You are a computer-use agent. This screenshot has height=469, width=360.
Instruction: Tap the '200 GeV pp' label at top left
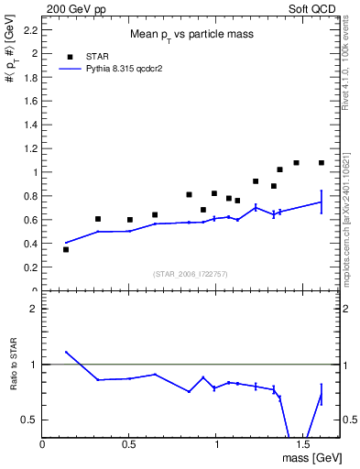71,7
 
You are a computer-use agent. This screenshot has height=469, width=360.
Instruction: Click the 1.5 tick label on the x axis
303,444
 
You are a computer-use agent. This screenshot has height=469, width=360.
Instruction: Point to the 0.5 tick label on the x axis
129,444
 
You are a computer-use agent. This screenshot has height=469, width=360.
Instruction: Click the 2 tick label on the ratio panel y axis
34,309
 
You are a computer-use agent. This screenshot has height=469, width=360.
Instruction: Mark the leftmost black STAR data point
66,249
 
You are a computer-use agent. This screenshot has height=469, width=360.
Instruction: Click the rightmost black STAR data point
322,163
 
